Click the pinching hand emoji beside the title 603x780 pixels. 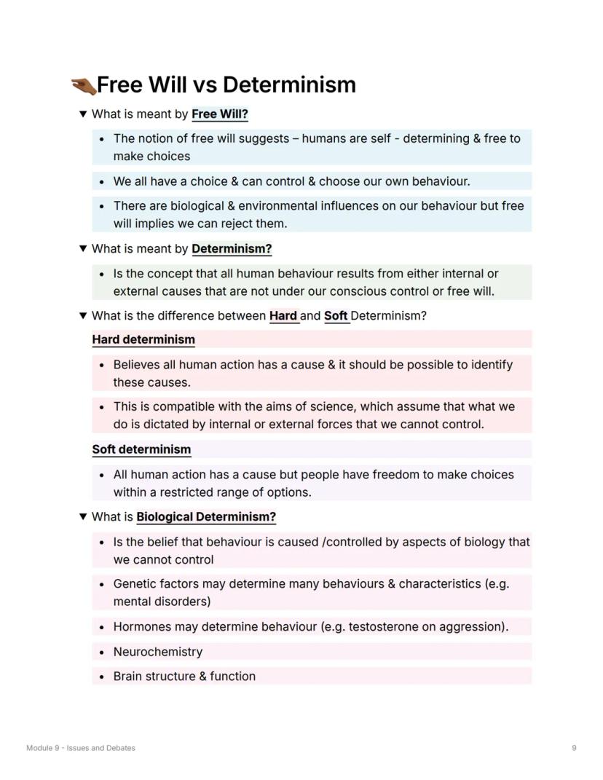click(x=83, y=86)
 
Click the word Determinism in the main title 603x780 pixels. click(x=289, y=84)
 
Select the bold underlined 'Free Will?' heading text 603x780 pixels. click(x=220, y=114)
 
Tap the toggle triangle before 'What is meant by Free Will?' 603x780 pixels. click(x=83, y=114)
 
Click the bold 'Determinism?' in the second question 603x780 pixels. click(x=232, y=249)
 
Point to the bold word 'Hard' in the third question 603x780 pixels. click(x=283, y=316)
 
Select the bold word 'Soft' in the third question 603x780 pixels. click(x=336, y=316)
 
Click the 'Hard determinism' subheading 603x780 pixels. click(x=143, y=339)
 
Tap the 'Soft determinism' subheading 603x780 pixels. click(x=141, y=449)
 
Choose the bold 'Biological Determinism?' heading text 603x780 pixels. click(x=206, y=517)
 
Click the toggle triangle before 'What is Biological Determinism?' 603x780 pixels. click(x=83, y=517)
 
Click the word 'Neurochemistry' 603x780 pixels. click(x=158, y=652)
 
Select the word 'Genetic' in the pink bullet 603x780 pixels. click(x=135, y=584)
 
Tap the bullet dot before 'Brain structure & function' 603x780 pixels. click(x=101, y=677)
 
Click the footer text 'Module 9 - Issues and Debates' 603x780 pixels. click(x=81, y=748)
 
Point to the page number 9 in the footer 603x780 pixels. click(x=574, y=748)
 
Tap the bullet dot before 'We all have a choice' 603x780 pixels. click(x=101, y=181)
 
